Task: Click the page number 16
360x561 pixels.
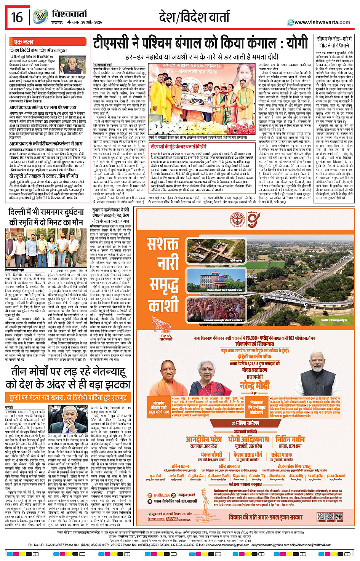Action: pos(17,17)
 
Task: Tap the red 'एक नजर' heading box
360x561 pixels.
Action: pos(24,42)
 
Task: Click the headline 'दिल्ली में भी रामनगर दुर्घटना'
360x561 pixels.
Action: pos(46,212)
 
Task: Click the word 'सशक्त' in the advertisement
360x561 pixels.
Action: pos(163,244)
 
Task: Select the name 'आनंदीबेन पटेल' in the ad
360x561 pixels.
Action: pos(203,439)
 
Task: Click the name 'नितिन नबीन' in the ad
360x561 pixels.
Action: pos(290,439)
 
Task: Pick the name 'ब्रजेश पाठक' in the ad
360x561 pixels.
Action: pos(282,455)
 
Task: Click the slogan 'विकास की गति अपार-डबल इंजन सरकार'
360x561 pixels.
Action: pos(266,517)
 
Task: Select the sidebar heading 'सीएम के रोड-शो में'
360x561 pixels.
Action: pos(334,39)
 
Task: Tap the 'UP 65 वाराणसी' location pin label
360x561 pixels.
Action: pos(166,337)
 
